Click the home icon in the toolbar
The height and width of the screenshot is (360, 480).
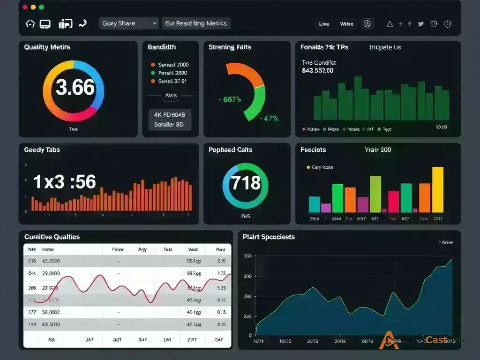click(30, 23)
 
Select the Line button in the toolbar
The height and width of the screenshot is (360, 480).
click(324, 24)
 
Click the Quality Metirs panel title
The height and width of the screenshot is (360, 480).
click(47, 47)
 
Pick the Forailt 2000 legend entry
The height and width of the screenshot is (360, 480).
click(172, 73)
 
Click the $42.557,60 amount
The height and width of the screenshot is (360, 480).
click(318, 71)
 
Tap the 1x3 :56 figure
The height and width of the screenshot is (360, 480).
click(65, 182)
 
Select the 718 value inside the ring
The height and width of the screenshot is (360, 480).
click(246, 182)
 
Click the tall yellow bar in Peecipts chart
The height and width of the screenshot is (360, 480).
click(437, 189)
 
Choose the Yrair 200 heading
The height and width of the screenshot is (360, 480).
click(377, 150)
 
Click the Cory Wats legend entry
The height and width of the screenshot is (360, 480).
click(322, 167)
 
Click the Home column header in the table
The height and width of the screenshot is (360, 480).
click(48, 250)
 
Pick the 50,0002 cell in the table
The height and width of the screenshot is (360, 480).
click(51, 312)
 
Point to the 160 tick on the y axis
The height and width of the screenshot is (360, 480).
click(247, 256)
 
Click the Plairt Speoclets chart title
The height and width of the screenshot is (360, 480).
click(269, 237)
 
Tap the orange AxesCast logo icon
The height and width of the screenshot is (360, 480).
click(389, 340)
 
